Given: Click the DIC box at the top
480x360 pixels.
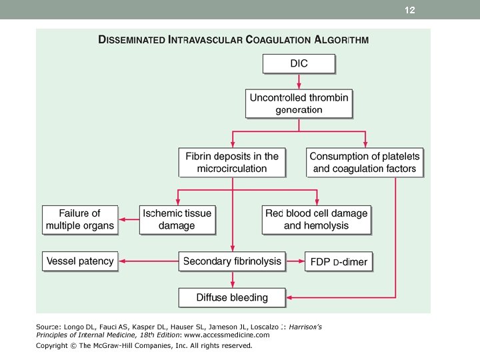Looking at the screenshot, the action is click(x=299, y=64).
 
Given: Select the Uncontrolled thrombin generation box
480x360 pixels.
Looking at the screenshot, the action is click(x=299, y=103).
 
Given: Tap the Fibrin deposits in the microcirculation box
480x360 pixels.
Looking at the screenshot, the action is click(x=232, y=162).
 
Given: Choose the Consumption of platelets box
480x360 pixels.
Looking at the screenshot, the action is click(x=365, y=162).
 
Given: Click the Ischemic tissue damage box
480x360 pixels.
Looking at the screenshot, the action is click(x=177, y=220).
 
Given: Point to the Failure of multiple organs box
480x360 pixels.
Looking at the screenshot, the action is click(x=80, y=220).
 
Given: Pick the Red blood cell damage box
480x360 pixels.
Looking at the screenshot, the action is click(x=317, y=220).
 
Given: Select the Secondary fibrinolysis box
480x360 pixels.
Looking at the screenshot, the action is click(x=232, y=261).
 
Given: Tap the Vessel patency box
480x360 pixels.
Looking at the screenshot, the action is click(x=80, y=261).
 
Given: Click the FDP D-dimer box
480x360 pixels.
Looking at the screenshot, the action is click(x=339, y=261).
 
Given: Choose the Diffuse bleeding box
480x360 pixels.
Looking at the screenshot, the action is click(x=232, y=297).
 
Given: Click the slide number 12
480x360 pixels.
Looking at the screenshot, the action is click(x=409, y=10).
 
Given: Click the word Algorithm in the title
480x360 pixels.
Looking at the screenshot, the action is click(x=341, y=40).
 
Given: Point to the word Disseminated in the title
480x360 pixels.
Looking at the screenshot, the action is click(x=131, y=40).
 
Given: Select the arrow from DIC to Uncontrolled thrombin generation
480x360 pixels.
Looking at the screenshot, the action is click(x=299, y=81).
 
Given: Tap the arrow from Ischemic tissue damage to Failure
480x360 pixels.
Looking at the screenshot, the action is click(x=129, y=219).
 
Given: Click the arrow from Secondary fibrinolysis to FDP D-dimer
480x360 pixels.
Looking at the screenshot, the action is click(x=295, y=261).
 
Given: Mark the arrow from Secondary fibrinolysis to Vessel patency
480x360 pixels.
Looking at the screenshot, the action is click(x=149, y=261).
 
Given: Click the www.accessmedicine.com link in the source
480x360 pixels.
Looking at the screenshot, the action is click(x=227, y=335).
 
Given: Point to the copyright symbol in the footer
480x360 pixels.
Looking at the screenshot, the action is click(x=73, y=345).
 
